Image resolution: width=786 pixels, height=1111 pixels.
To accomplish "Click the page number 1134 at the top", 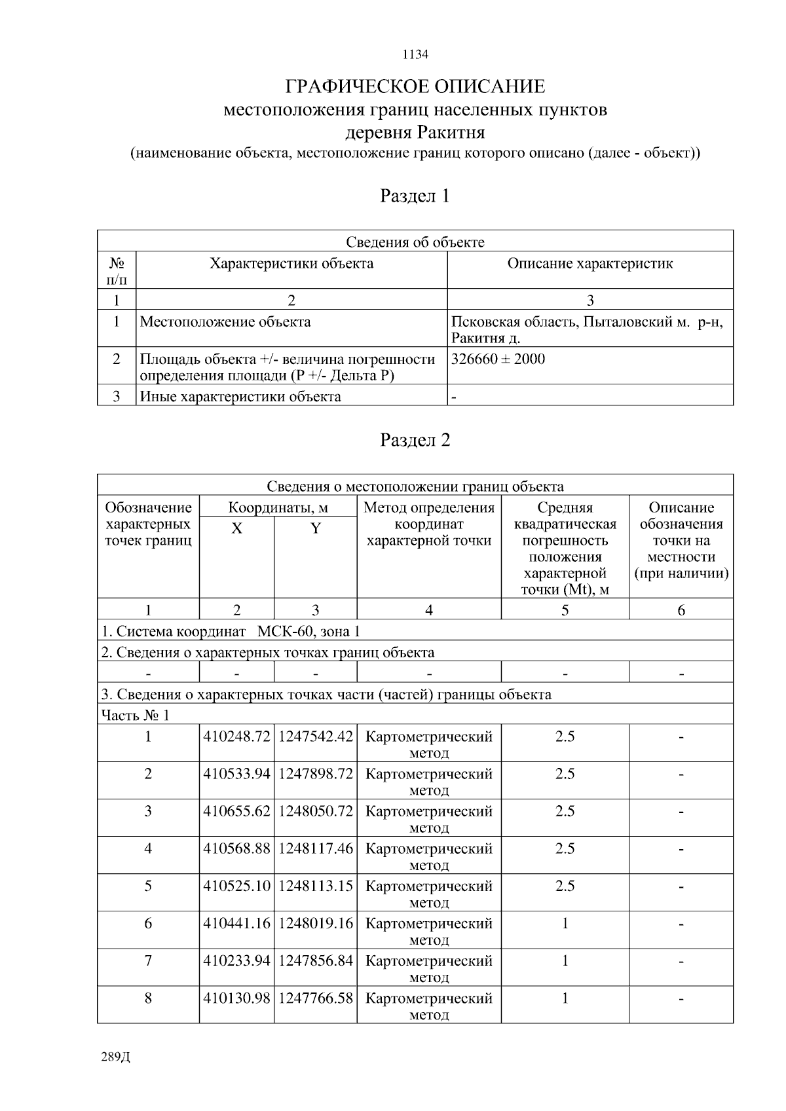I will tap(415, 54).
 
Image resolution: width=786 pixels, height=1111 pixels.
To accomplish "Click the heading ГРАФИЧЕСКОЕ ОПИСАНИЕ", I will tap(415, 86).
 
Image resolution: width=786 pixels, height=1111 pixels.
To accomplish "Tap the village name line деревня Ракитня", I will tap(415, 132).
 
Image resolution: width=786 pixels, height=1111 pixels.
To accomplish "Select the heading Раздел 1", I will tap(415, 196).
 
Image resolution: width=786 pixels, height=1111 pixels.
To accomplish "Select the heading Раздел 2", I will tap(415, 440).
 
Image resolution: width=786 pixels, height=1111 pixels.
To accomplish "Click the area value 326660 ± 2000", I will tap(498, 359).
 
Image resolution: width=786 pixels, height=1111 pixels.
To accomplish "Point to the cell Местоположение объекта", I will tap(225, 322).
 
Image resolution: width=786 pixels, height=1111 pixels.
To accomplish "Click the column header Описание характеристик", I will tap(590, 264).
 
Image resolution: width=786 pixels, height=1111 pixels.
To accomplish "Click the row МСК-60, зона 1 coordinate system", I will tap(230, 631).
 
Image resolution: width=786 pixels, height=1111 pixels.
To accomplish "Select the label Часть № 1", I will tap(134, 715).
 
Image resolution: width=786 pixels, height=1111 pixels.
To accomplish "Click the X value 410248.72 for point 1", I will tap(236, 737).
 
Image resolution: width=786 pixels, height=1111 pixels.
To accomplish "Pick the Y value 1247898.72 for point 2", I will tap(316, 774).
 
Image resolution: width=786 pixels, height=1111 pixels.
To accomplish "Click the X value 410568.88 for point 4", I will tap(236, 848).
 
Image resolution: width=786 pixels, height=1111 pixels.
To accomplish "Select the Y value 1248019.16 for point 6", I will tap(316, 923).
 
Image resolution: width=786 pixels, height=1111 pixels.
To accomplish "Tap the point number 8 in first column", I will tap(148, 998).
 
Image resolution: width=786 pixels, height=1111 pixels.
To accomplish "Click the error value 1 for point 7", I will tap(565, 961).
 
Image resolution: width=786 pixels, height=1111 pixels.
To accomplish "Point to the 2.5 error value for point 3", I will tap(565, 811).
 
